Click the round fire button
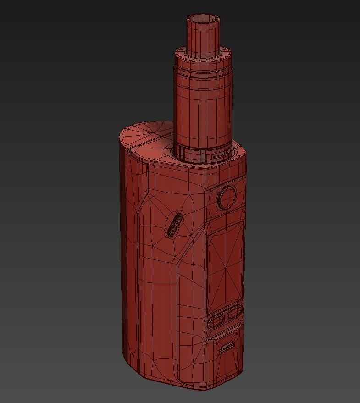tap(227, 197)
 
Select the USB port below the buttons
tap(226, 348)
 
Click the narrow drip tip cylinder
tap(202, 37)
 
